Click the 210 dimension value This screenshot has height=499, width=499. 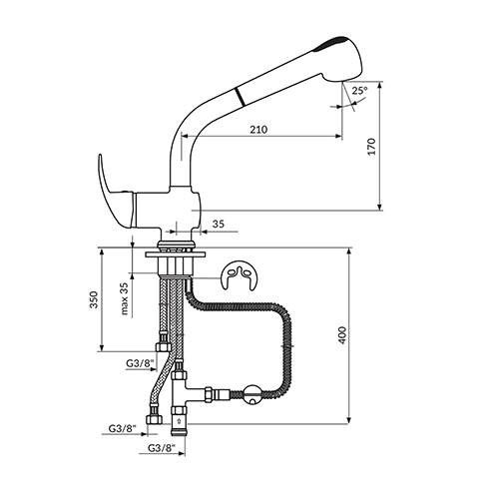(258, 130)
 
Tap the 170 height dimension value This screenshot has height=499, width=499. (371, 147)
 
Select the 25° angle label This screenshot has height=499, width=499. (359, 91)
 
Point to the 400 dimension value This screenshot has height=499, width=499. (342, 335)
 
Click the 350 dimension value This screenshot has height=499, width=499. (94, 299)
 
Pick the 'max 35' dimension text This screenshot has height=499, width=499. (124, 298)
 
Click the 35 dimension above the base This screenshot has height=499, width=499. (219, 224)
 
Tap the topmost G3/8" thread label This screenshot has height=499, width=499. (141, 363)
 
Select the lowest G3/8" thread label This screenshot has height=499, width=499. (162, 448)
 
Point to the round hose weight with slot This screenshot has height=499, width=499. (252, 395)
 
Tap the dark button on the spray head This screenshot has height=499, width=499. (332, 43)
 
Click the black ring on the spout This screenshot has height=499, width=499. (240, 97)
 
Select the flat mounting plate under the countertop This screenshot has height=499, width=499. (175, 254)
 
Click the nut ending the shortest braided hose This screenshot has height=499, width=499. (163, 347)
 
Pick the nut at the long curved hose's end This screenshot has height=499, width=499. (154, 419)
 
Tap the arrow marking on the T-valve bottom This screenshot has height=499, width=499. (179, 421)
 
